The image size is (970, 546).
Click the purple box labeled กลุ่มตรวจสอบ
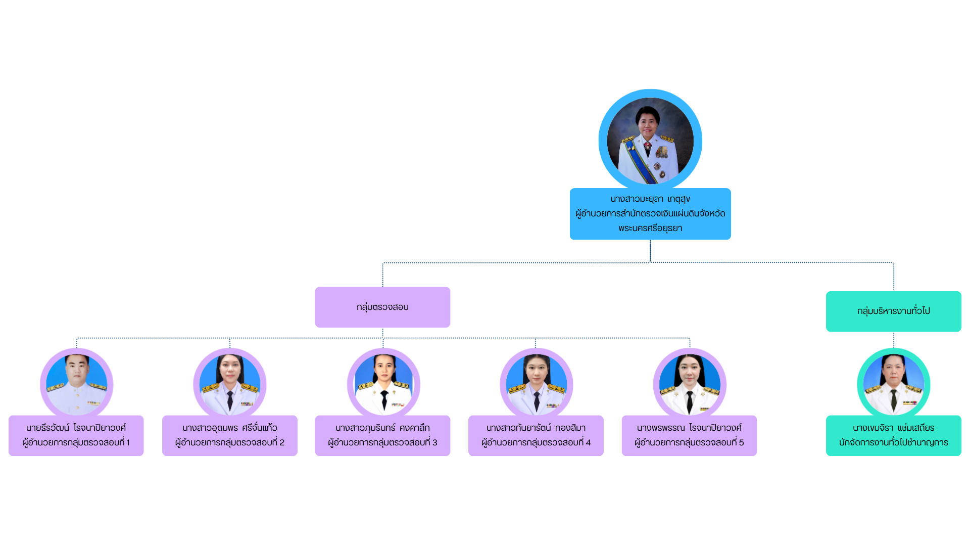[x=382, y=307]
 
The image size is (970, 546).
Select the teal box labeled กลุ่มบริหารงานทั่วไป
[x=893, y=311]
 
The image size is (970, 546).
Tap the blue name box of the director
[x=650, y=214]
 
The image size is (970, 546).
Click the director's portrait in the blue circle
[x=650, y=140]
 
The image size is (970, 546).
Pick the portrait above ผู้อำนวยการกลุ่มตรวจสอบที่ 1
[x=77, y=384]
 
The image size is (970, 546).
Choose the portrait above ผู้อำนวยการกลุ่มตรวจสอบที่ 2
[x=230, y=384]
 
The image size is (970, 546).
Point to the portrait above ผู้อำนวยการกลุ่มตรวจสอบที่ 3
[x=383, y=384]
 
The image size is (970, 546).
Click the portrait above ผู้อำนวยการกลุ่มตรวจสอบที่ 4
[x=537, y=384]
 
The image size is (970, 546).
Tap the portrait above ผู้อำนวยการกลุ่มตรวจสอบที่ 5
[x=690, y=384]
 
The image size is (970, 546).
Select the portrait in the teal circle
[x=893, y=384]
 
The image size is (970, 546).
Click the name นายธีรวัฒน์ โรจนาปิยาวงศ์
[x=76, y=428]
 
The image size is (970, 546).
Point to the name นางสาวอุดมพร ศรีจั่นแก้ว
[x=230, y=428]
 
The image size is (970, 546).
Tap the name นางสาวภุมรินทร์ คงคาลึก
[x=382, y=428]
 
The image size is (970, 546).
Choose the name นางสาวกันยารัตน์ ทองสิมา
[x=536, y=428]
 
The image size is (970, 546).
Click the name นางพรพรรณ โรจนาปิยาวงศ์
[x=689, y=428]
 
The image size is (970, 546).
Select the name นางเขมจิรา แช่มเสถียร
[x=893, y=428]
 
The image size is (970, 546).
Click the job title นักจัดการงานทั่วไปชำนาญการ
[x=893, y=442]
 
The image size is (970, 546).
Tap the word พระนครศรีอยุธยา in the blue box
[x=650, y=228]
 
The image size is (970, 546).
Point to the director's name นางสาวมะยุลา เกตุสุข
[x=650, y=199]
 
